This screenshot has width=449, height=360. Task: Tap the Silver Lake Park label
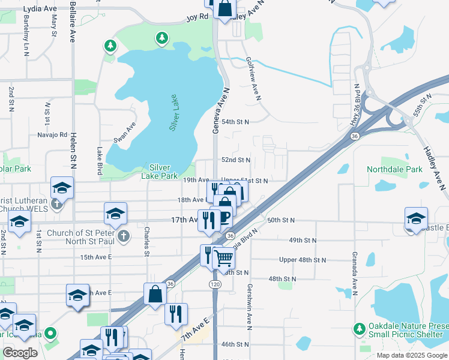coord(159,172)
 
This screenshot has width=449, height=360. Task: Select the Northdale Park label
coord(394,170)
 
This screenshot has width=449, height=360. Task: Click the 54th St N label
coord(235,121)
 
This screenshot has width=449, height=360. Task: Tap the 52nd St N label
coord(235,160)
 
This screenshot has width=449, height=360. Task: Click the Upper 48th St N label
coord(302,260)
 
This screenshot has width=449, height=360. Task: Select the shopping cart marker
coord(223,259)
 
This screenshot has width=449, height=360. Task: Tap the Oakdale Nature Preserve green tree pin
coord(359,328)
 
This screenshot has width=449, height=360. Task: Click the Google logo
coord(20,353)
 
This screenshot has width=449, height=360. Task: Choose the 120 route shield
coord(214,281)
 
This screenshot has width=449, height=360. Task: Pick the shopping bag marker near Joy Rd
coord(225,9)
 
